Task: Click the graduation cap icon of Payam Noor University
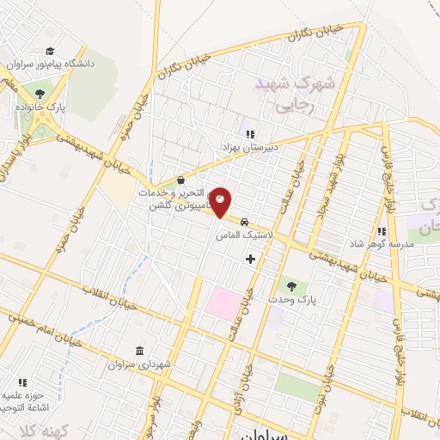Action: pyautogui.click(x=51, y=51)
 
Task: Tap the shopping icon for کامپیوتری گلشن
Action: pyautogui.click(x=180, y=180)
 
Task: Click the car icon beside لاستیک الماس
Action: pyautogui.click(x=245, y=219)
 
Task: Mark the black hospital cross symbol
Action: pyautogui.click(x=250, y=258)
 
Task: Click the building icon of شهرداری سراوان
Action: pyautogui.click(x=139, y=350)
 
